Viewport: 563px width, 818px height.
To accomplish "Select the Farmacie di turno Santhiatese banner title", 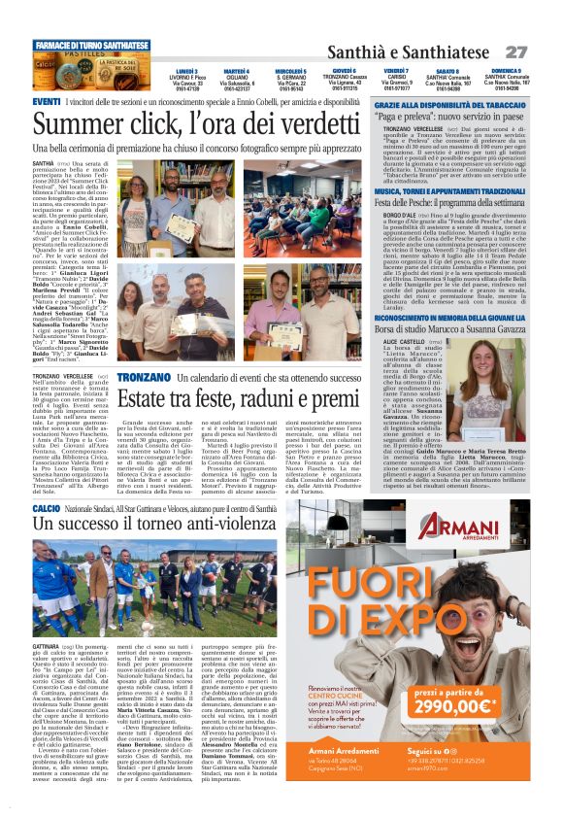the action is pos(93,46).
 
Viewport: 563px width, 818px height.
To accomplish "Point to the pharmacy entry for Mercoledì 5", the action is pos(290,79).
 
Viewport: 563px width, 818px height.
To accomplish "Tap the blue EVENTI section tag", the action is pos(47,102).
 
